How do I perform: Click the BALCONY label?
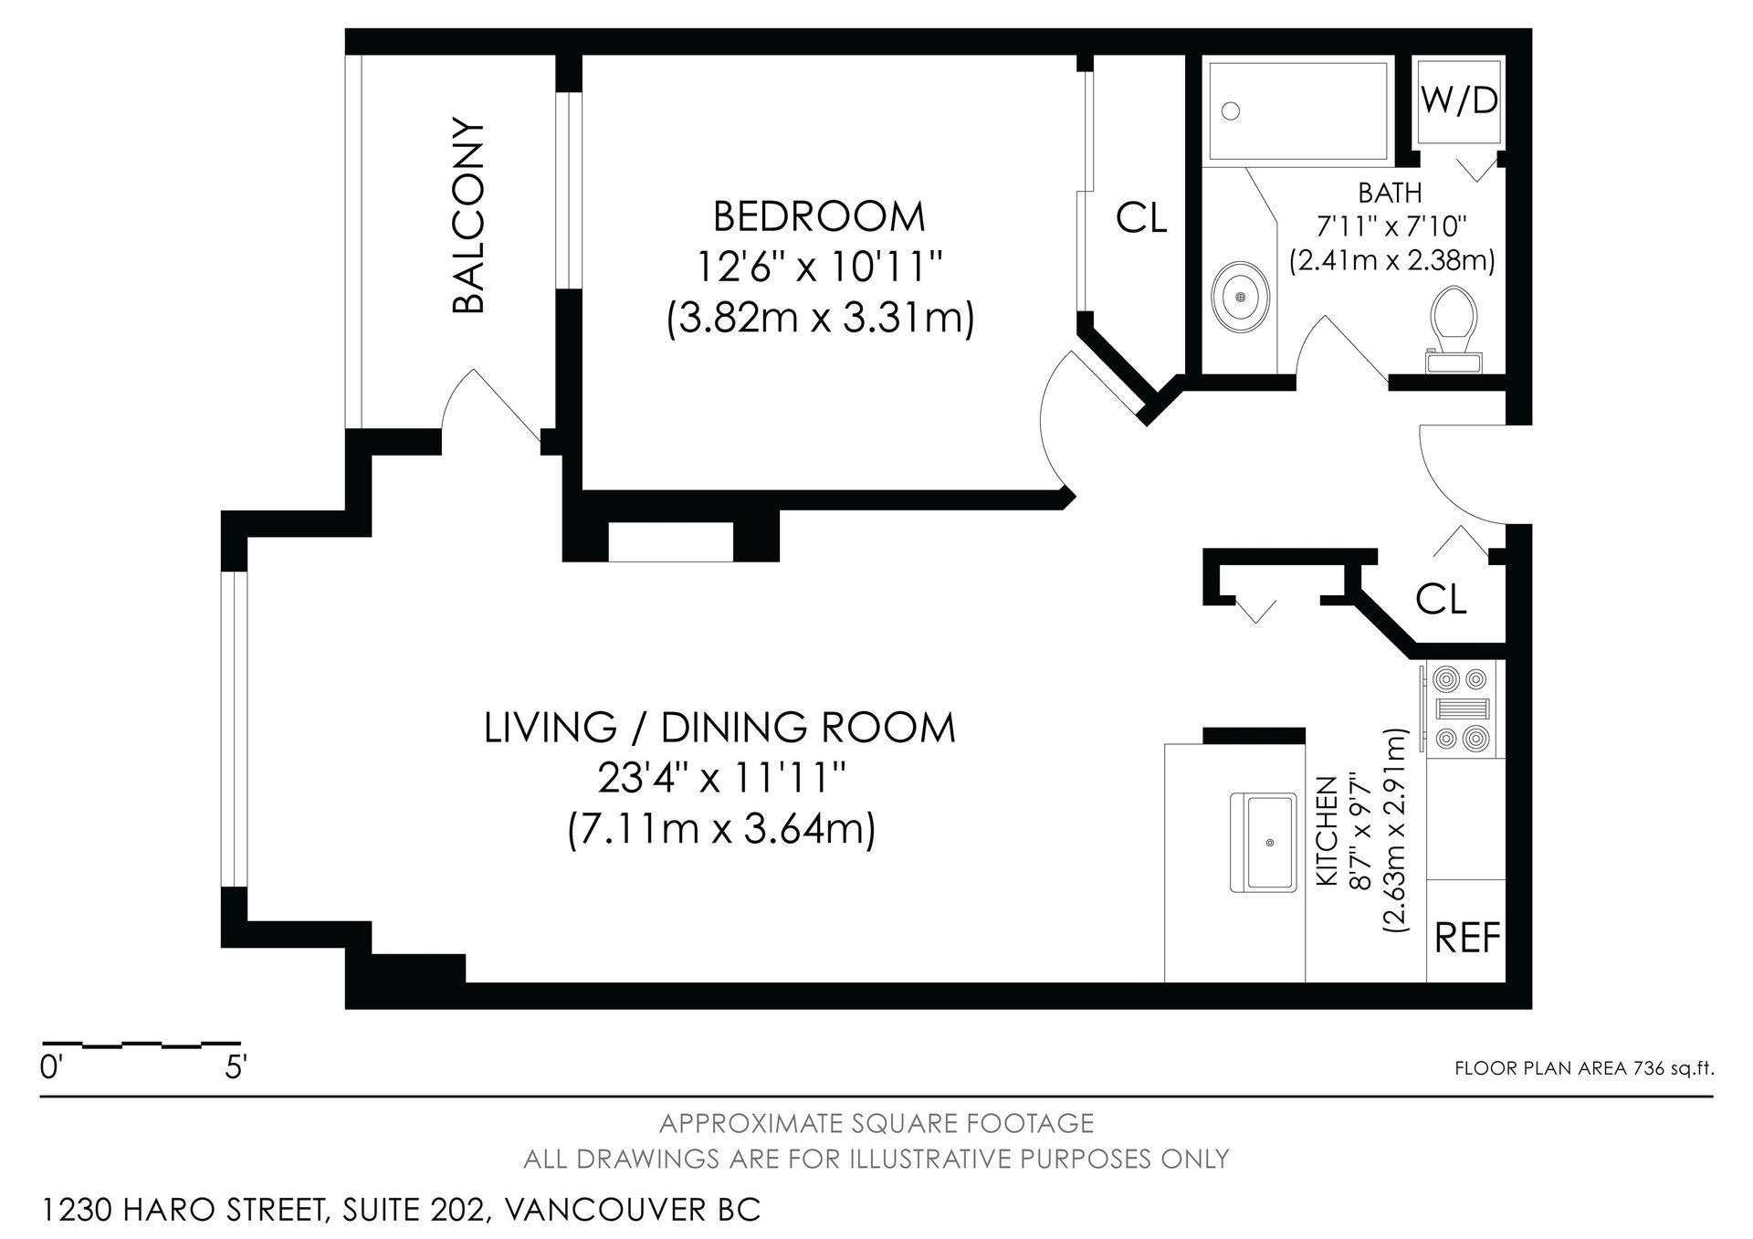468,215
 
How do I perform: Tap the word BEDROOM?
819,217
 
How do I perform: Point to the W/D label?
1459,100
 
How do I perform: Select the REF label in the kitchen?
1468,938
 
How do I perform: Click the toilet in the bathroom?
1454,330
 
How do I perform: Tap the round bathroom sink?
1239,298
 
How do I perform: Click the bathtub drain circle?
1231,110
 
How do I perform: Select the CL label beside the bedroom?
1141,217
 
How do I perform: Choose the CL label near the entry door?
1441,599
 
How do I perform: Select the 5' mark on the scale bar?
236,1067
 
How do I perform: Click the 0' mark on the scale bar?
51,1067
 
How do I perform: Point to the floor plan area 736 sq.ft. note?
1584,1069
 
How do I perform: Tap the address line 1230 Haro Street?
401,1210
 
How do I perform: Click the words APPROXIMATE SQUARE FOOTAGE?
876,1122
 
